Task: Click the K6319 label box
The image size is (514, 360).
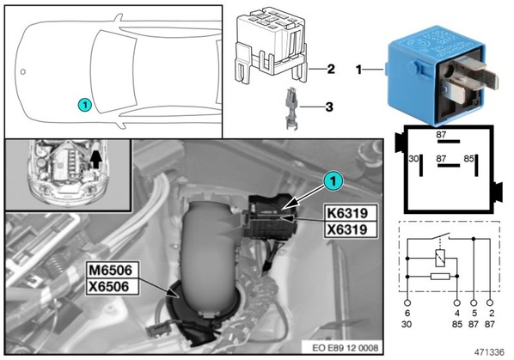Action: pyautogui.click(x=351, y=213)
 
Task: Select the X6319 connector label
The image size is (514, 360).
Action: pyautogui.click(x=351, y=229)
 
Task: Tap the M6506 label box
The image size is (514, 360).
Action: pyautogui.click(x=113, y=271)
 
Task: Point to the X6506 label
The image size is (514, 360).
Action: pyautogui.click(x=113, y=287)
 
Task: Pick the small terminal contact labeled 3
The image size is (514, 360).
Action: pyautogui.click(x=291, y=108)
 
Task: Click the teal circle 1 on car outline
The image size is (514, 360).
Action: pyautogui.click(x=84, y=105)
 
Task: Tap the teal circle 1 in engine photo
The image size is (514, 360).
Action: pyautogui.click(x=333, y=180)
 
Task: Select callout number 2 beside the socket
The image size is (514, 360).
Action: pyautogui.click(x=331, y=69)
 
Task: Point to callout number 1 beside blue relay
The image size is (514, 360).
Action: pyautogui.click(x=359, y=70)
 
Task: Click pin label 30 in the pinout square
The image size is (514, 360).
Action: pyautogui.click(x=413, y=159)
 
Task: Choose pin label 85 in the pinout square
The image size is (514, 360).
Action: pyautogui.click(x=468, y=159)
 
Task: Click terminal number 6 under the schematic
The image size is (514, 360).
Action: pyautogui.click(x=407, y=314)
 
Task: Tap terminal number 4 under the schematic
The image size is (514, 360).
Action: pyautogui.click(x=457, y=314)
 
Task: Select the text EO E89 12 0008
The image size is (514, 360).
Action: pyautogui.click(x=341, y=348)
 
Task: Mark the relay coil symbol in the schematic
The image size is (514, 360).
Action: pyautogui.click(x=439, y=258)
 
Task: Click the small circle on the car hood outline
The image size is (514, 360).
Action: pyautogui.click(x=23, y=71)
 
